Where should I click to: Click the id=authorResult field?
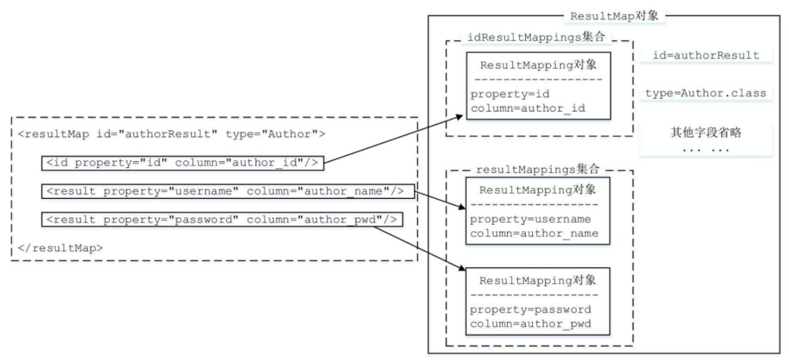click(x=706, y=56)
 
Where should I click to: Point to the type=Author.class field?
click(x=706, y=94)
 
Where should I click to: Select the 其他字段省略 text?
click(x=706, y=132)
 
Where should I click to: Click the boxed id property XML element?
click(x=182, y=162)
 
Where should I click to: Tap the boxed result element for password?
click(x=221, y=220)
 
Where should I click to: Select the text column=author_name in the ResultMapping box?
click(x=534, y=233)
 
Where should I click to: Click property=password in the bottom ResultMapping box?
click(x=531, y=310)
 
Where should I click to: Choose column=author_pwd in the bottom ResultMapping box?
click(x=531, y=323)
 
